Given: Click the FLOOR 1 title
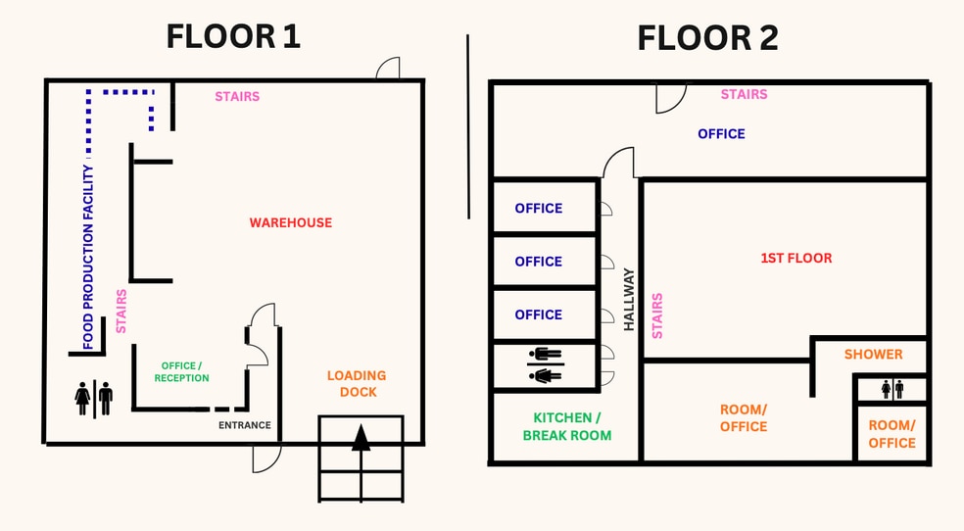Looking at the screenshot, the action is click(233, 37).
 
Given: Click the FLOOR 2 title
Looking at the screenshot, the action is click(707, 38).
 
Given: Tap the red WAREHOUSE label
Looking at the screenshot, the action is click(291, 222).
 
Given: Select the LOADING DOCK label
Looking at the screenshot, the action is click(357, 383).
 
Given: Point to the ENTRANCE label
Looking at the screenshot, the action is click(245, 425).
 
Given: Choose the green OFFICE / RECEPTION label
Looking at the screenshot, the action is click(181, 372).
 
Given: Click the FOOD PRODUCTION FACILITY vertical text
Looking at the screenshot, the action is click(88, 257).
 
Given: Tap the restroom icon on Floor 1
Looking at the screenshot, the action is click(94, 398).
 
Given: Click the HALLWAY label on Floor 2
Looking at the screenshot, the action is click(628, 300).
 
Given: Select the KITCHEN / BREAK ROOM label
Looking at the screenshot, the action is click(567, 426).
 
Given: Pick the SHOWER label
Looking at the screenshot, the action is click(873, 355).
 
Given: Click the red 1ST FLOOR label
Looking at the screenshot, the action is click(796, 258).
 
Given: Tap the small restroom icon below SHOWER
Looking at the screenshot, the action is click(892, 389).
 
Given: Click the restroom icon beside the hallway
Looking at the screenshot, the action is click(546, 365).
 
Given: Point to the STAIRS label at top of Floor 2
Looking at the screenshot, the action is click(744, 94).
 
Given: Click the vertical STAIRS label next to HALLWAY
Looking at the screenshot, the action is click(657, 315).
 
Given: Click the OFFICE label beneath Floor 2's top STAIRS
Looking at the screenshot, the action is click(721, 134).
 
